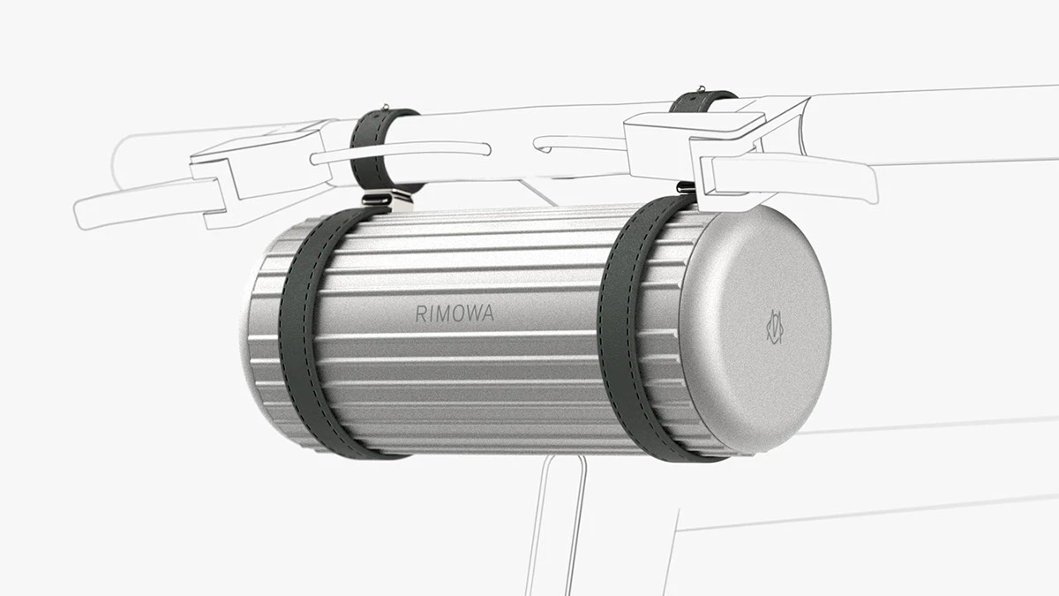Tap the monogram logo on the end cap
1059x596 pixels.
tap(774, 327)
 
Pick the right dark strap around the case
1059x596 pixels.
tap(635, 336)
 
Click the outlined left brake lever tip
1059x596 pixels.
tap(88, 212)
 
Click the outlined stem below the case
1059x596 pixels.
tap(556, 521)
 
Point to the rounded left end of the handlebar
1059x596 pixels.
tap(124, 159)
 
